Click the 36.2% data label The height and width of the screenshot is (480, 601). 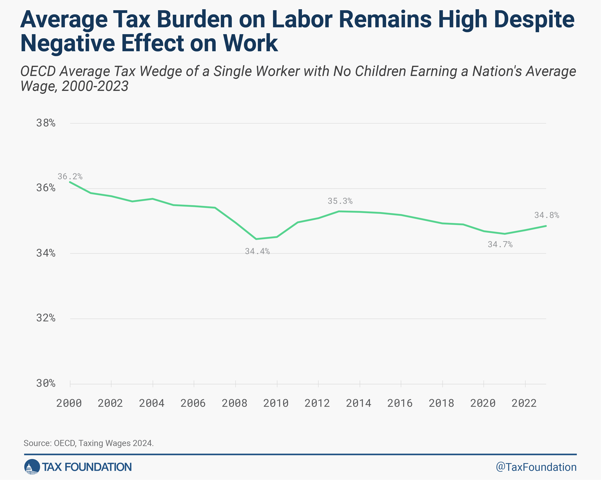pyautogui.click(x=70, y=176)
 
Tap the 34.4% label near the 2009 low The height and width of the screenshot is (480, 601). pyautogui.click(x=257, y=251)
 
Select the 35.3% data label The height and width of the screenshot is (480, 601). pyautogui.click(x=340, y=201)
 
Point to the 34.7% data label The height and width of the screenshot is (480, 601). pyautogui.click(x=500, y=244)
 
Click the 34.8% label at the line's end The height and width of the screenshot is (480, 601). pyautogui.click(x=547, y=215)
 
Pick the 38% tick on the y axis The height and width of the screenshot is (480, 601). pyautogui.click(x=46, y=123)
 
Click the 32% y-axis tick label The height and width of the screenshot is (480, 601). pyautogui.click(x=46, y=318)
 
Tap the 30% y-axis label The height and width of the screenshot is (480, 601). pyautogui.click(x=46, y=383)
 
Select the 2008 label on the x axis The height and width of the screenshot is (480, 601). pyautogui.click(x=234, y=403)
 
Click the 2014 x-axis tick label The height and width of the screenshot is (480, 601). pyautogui.click(x=358, y=403)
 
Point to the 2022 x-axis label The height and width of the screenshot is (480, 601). pyautogui.click(x=524, y=403)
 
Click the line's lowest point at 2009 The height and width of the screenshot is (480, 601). pyautogui.click(x=256, y=239)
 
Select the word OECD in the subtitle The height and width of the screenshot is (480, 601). pyautogui.click(x=38, y=71)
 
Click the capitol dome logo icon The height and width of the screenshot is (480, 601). pyautogui.click(x=32, y=467)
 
